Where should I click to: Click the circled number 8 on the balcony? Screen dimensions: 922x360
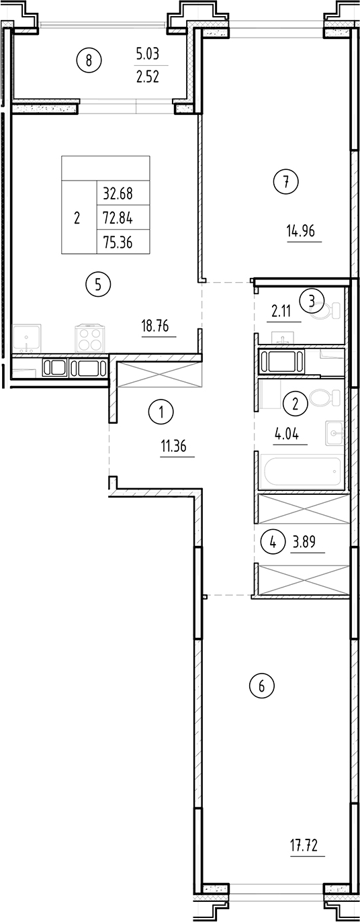click(x=89, y=61)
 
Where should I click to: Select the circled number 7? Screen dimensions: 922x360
click(x=286, y=181)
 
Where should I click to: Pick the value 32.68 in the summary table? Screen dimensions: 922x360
click(x=118, y=194)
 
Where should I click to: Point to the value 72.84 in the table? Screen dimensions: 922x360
click(x=118, y=218)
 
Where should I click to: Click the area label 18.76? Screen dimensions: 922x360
click(x=155, y=328)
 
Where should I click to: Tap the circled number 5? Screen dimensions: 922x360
click(x=98, y=285)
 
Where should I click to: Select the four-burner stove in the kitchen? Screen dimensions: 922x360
click(x=89, y=338)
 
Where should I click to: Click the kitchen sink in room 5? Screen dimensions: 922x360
click(x=27, y=338)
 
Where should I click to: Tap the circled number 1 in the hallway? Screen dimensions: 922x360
click(x=161, y=411)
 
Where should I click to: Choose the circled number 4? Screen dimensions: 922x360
click(x=273, y=542)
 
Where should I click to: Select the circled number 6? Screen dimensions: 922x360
click(x=262, y=686)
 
